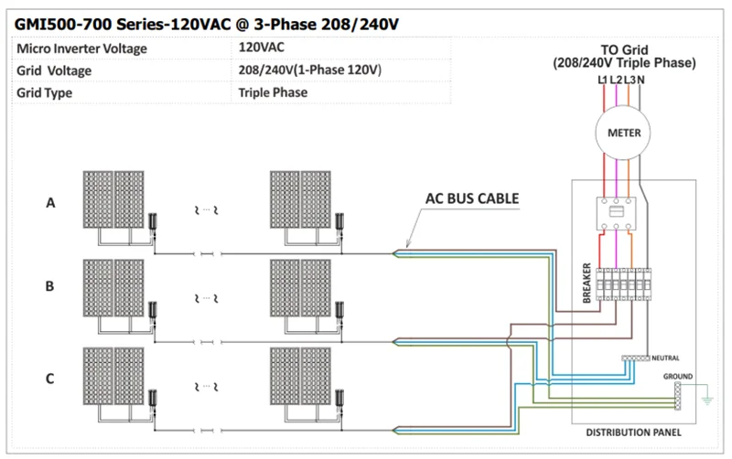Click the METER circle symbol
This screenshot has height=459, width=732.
click(624, 133)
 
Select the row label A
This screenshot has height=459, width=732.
click(51, 204)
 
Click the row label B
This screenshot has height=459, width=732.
click(51, 286)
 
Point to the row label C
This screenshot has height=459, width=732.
click(51, 376)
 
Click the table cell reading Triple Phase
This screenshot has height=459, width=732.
click(273, 92)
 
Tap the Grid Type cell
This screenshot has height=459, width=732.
click(45, 92)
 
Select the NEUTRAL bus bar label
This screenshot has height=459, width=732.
click(666, 358)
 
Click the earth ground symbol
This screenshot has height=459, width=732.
click(705, 400)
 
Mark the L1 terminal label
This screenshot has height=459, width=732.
click(602, 80)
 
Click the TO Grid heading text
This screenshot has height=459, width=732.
click(624, 49)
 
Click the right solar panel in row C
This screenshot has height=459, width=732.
click(302, 379)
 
